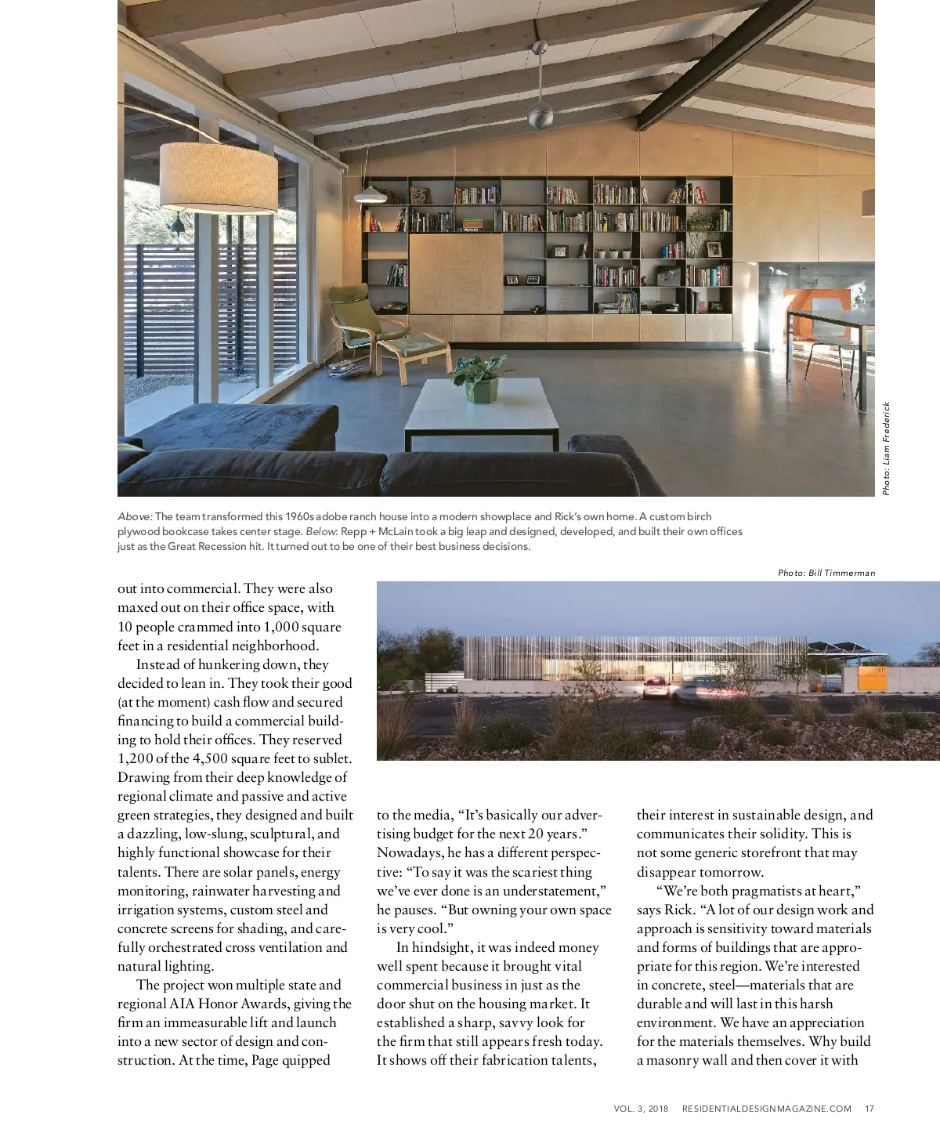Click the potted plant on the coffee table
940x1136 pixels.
479,378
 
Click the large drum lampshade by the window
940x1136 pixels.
219,177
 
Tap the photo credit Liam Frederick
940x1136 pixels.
886,448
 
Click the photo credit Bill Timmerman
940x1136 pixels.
826,573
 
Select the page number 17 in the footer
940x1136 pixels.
869,1109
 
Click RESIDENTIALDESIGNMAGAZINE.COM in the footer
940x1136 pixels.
766,1109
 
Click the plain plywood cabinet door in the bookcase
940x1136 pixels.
456,273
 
